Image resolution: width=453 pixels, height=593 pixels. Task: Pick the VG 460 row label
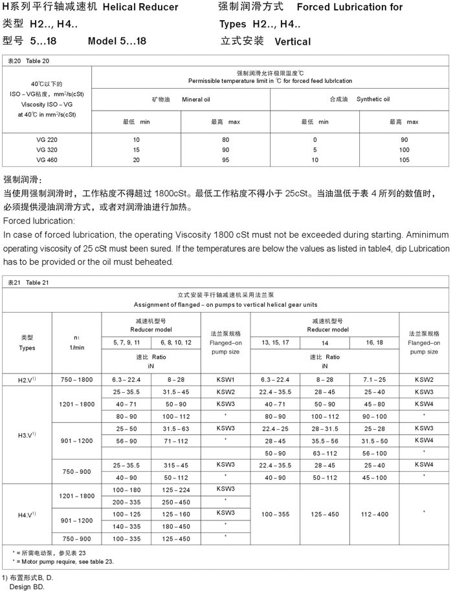click(47, 159)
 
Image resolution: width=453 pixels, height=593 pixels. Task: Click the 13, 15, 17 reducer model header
click(275, 341)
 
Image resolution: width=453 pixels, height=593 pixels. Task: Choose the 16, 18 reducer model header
click(375, 341)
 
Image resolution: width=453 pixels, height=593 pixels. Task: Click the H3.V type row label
click(27, 434)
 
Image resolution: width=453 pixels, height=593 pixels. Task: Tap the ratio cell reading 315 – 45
click(176, 465)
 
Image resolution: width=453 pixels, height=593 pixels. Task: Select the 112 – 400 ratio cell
click(375, 514)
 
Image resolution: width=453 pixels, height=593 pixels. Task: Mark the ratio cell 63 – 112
click(325, 453)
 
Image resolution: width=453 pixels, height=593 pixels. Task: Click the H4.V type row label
click(27, 514)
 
